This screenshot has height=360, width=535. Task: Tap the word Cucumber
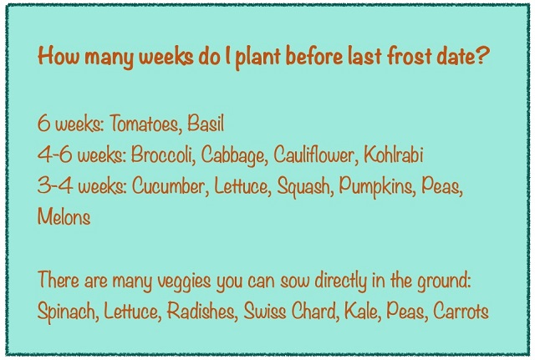tap(165, 186)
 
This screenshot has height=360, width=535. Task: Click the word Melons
tap(64, 216)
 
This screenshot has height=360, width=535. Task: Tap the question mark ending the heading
tap(483, 58)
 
